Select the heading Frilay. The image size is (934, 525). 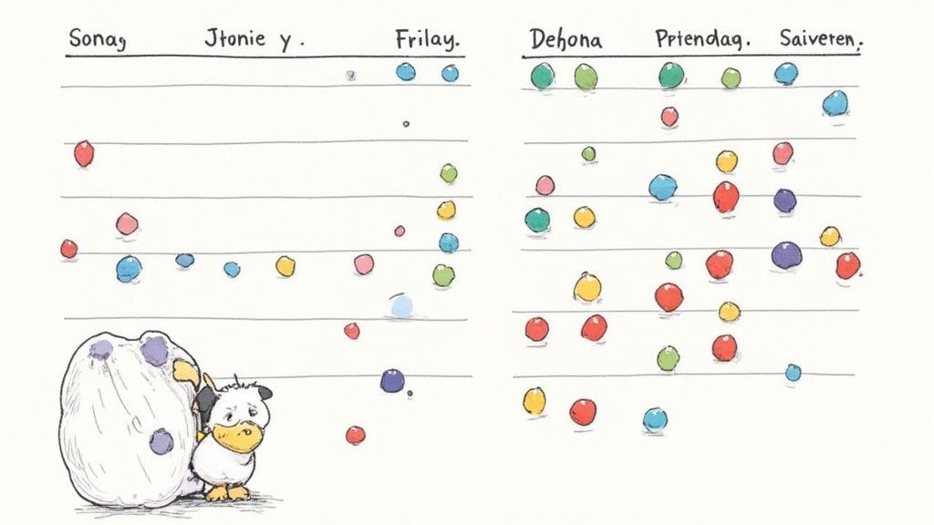tap(427, 41)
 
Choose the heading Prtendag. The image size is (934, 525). tap(700, 40)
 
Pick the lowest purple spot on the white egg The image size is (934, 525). tap(161, 441)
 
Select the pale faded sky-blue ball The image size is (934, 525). tap(401, 306)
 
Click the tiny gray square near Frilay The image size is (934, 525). tap(350, 77)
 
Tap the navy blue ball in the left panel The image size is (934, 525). tap(392, 380)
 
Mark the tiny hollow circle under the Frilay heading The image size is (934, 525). tap(406, 124)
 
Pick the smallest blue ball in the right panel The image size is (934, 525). tap(793, 372)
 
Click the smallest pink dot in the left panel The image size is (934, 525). tap(400, 231)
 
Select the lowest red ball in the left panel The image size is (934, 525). tap(355, 435)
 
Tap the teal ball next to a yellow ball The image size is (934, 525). tap(537, 220)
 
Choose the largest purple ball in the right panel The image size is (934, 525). tap(786, 255)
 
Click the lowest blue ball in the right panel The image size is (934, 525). tap(655, 419)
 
